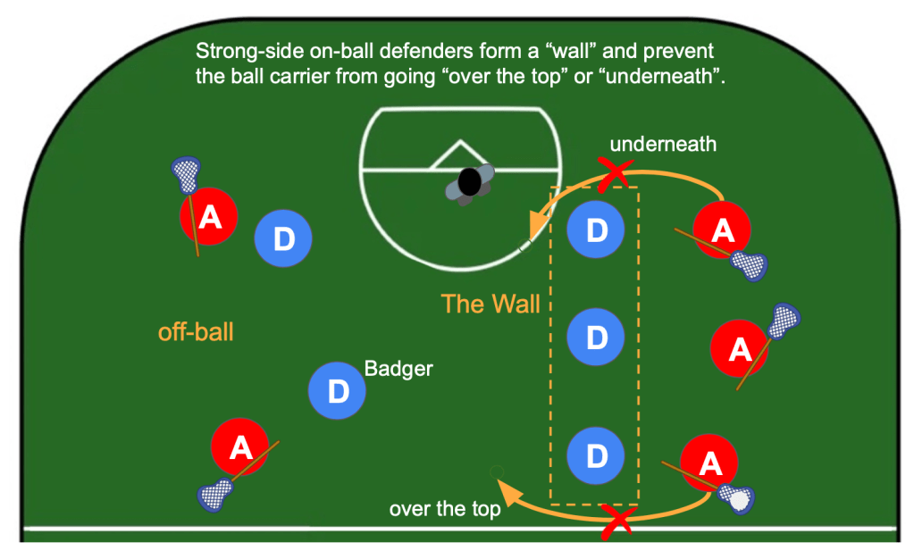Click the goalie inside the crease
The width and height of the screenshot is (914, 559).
pos(469,182)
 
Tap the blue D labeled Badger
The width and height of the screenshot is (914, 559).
pos(337,390)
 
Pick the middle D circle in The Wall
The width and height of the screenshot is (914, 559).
pos(595,337)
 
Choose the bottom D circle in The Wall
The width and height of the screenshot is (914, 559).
pos(595,455)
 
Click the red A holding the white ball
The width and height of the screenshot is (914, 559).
pos(709,463)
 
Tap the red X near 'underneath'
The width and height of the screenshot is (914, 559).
pos(614,175)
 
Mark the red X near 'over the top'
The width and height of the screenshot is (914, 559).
pos(616,520)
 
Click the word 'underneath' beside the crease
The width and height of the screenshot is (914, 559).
pos(663,143)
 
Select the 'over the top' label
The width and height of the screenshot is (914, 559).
pos(444,510)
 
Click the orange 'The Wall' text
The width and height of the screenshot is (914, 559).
pos(491,304)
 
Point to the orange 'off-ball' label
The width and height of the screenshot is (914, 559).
pos(196,332)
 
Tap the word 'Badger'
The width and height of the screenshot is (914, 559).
pos(398,368)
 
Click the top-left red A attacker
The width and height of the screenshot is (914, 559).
pos(209,216)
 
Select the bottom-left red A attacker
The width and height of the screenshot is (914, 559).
pos(240,448)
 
